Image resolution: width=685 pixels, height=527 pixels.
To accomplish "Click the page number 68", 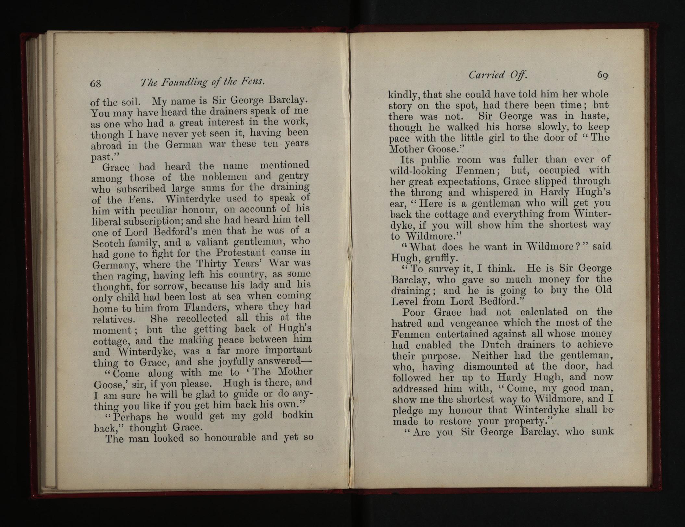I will pos(96,84).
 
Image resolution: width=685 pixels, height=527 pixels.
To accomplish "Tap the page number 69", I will pos(602,75).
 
